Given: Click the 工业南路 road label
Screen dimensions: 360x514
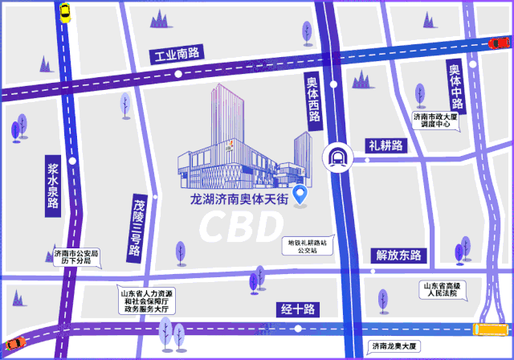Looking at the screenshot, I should (x=177, y=55).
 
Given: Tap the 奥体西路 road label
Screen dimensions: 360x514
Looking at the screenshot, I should (x=313, y=99).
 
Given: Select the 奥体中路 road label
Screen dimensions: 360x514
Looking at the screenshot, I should (x=456, y=88).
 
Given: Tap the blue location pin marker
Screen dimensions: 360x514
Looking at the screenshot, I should (x=301, y=194).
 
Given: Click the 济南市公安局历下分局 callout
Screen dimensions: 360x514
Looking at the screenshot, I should (x=75, y=257).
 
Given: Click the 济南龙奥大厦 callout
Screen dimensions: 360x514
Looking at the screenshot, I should (x=394, y=346).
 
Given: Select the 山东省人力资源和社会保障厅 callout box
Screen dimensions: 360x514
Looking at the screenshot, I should (x=150, y=300).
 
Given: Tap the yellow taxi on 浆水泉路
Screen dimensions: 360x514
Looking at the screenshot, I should (x=64, y=11).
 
